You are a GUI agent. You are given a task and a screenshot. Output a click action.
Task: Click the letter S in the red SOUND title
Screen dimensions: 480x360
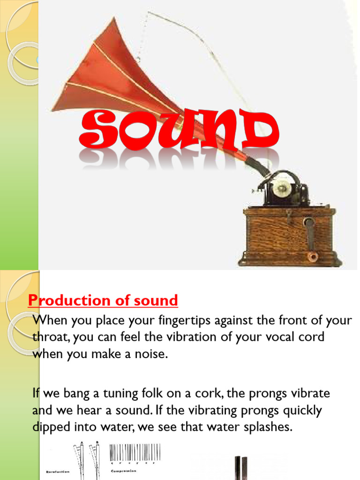tap(97, 130)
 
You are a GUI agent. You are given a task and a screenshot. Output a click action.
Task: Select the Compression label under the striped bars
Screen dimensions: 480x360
tap(124, 471)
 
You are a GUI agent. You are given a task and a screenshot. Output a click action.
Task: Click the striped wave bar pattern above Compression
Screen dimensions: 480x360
tap(135, 452)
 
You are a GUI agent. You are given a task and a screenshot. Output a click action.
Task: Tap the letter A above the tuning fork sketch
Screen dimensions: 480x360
tap(82, 442)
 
